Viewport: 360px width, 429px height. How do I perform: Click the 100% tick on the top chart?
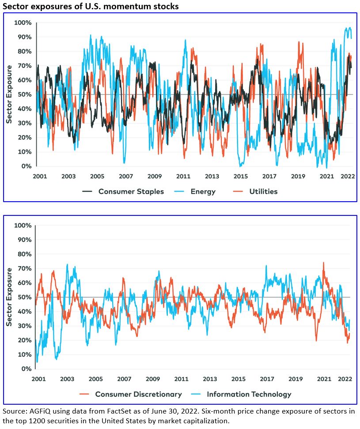[23, 23]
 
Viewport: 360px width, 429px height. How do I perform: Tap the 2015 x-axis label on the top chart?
[241, 177]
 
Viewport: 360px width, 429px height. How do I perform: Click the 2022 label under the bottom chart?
[345, 379]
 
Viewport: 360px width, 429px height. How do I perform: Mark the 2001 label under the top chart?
[40, 177]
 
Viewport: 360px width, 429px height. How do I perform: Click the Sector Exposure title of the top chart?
[9, 94]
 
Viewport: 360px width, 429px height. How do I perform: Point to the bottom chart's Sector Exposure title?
[9, 297]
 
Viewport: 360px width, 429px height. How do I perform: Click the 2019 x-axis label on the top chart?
[298, 177]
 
